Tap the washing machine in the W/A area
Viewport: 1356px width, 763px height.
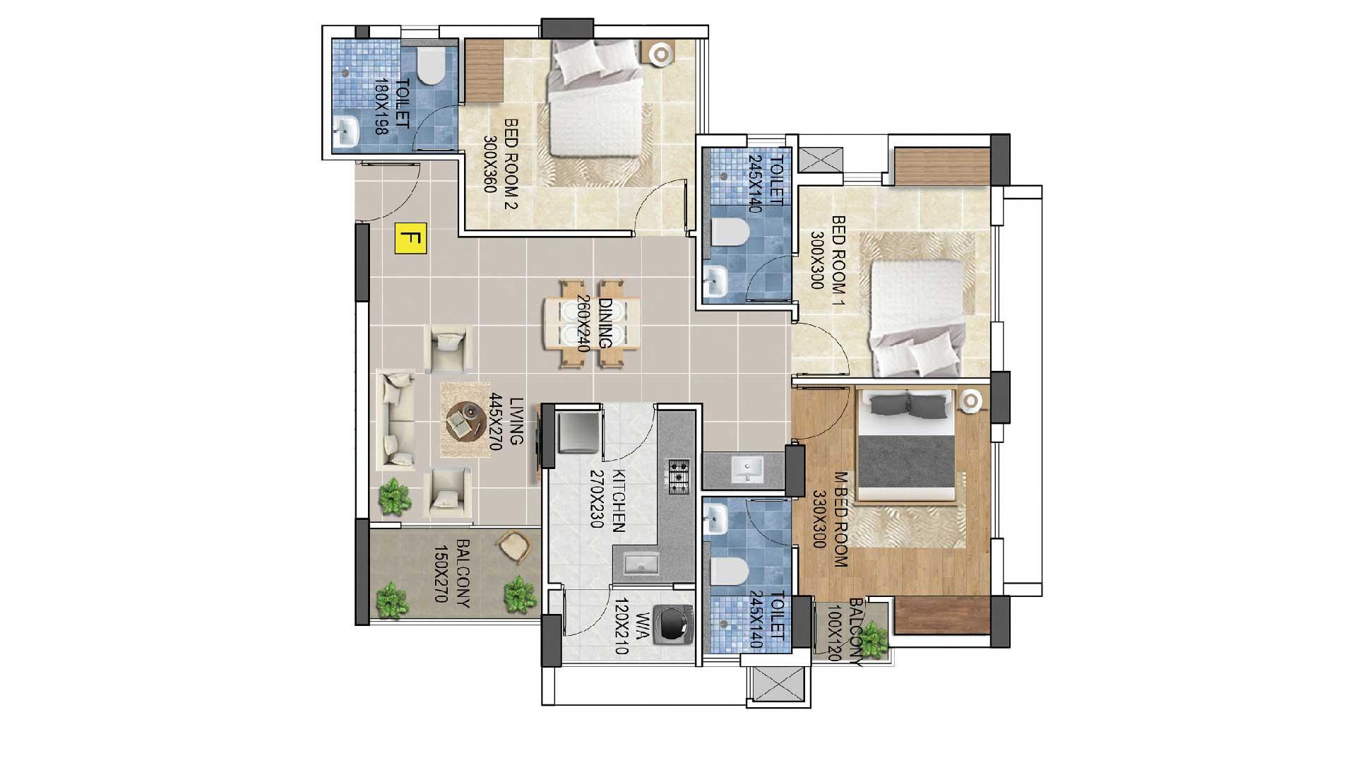tap(672, 625)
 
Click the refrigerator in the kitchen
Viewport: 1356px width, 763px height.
tap(579, 432)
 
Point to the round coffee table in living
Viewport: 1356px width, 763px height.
tap(464, 421)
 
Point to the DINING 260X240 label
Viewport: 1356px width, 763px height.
tap(594, 323)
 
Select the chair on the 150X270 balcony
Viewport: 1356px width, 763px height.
tap(513, 547)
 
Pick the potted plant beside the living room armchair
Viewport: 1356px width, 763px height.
tap(394, 497)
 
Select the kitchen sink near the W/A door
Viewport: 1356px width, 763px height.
tap(641, 563)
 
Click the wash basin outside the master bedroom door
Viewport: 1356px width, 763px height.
tap(747, 468)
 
